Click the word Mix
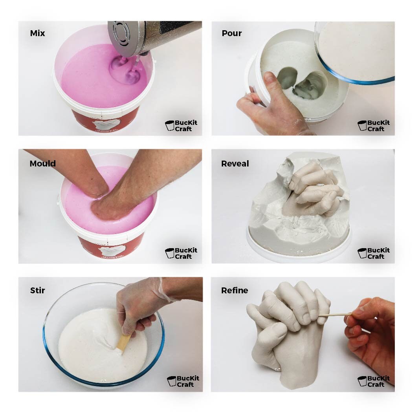[37, 33]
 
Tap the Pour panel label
[232, 33]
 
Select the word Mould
[42, 163]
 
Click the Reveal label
[235, 163]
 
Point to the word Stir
[37, 291]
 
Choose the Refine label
[235, 291]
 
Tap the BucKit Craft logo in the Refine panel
[374, 381]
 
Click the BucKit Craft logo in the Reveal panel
[374, 253]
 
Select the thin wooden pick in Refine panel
[334, 314]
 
